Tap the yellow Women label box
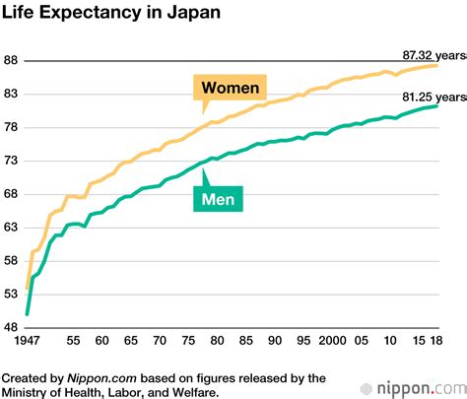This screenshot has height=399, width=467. coord(230,89)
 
